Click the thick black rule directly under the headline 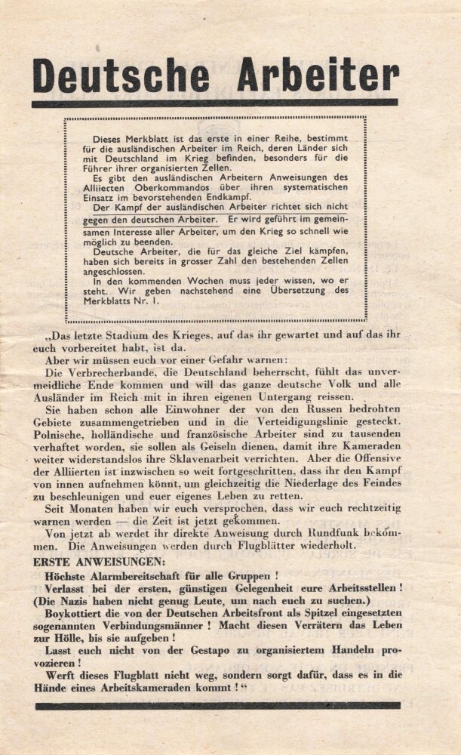click(214, 103)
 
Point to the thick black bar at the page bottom click(217, 706)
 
